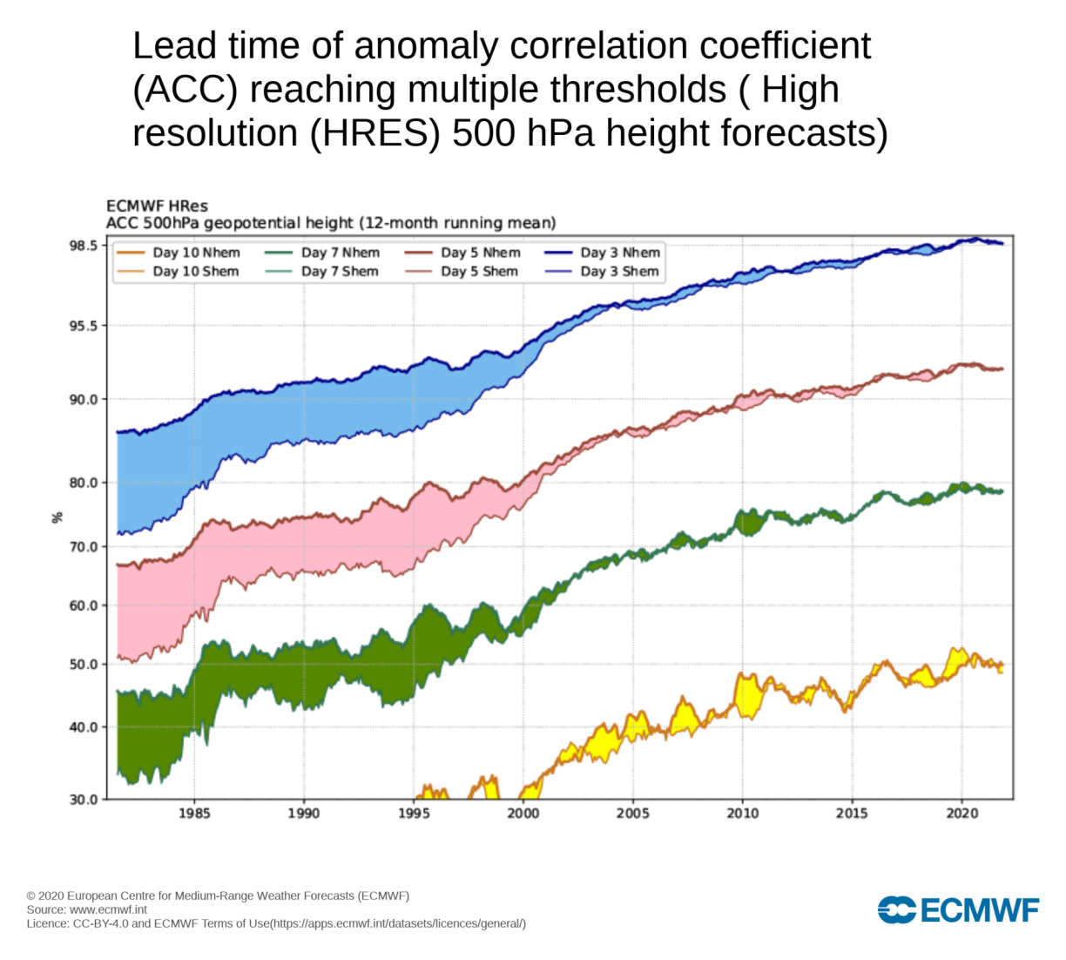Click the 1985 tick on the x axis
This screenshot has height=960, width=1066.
tap(194, 814)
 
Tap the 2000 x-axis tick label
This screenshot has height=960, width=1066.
tap(523, 814)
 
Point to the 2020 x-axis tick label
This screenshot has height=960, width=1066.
tap(961, 814)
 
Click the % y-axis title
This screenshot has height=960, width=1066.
tap(57, 517)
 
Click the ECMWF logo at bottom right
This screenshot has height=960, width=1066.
tap(958, 910)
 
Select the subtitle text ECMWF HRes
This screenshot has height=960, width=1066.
tap(157, 206)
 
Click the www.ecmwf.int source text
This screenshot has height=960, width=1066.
tap(109, 909)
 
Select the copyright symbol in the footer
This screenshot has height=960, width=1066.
tap(31, 896)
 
